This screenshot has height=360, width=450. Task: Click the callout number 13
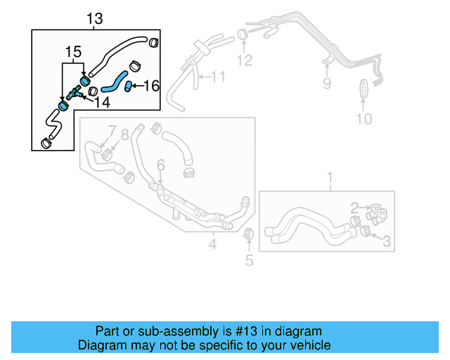point(94,19)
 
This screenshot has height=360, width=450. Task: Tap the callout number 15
point(73,51)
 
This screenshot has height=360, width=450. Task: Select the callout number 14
point(102,103)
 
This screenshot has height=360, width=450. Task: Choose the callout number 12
point(243,60)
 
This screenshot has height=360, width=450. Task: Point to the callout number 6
point(160,165)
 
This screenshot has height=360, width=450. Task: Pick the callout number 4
point(212,245)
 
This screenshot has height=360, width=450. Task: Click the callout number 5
point(249,262)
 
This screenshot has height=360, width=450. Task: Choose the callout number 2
point(355,207)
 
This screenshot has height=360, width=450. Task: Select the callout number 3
point(386,242)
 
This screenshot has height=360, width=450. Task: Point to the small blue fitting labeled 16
point(129,86)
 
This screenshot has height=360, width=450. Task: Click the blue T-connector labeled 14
point(74,92)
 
